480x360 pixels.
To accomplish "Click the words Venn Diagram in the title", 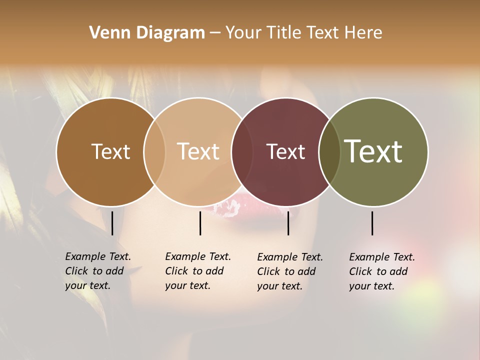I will tap(147, 33).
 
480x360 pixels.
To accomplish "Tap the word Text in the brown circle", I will tap(110, 151).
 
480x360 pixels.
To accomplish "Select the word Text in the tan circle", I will tap(198, 151).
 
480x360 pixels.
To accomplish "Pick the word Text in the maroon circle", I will tap(285, 151).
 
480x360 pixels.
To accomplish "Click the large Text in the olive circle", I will tap(373, 151).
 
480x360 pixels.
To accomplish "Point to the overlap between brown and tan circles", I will tap(154, 151).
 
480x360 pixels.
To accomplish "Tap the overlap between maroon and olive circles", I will tap(329, 151).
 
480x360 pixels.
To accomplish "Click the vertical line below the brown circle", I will tap(112, 223).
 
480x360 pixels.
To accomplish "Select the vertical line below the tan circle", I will tap(200, 223).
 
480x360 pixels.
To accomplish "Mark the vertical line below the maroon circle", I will tap(288, 223).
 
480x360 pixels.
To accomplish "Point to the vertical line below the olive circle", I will tap(372, 223).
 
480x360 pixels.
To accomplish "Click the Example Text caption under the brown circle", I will tap(98, 271).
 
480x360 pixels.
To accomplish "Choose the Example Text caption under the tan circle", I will tap(198, 271).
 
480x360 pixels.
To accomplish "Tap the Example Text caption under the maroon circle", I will tap(290, 271).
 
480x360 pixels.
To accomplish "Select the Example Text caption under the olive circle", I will tap(382, 271).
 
